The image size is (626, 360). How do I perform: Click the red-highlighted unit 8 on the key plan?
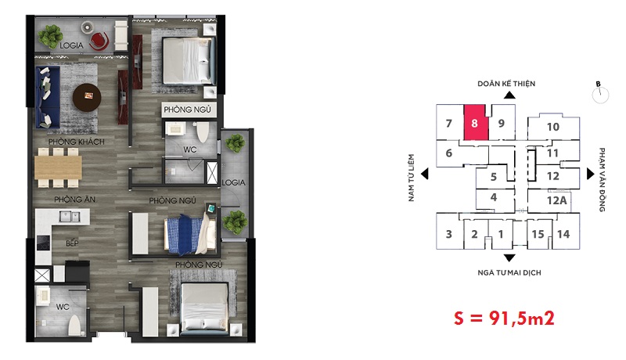(476, 123)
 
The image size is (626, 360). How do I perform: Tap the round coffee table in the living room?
(87, 97)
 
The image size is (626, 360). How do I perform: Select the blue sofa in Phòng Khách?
(48, 97)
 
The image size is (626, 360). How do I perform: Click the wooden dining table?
(58, 167)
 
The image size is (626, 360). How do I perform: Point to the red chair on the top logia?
(99, 41)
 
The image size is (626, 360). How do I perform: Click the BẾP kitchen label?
(72, 243)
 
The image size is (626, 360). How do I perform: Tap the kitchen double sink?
(70, 216)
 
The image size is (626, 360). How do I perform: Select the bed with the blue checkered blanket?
(190, 235)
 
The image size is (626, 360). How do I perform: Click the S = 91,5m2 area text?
(504, 318)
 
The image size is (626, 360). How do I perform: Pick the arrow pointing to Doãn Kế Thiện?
(509, 95)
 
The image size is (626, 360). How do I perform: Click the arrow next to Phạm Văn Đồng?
(591, 174)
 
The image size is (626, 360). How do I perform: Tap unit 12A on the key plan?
(557, 200)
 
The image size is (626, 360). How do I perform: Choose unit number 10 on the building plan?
(553, 127)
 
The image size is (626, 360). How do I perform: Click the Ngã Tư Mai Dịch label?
(509, 272)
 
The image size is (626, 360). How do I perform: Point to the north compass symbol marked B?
(600, 93)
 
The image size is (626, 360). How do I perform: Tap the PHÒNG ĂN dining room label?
(74, 199)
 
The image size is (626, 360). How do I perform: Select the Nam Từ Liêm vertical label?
(412, 178)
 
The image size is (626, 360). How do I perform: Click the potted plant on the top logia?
(50, 37)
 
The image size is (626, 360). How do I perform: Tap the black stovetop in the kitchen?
(44, 243)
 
